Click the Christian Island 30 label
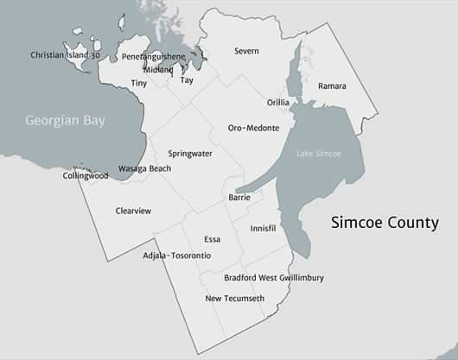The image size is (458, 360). [65, 55]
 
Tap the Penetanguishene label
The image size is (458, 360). [153, 56]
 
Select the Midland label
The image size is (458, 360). [158, 69]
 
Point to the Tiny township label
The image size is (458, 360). [139, 83]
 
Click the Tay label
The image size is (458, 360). [187, 80]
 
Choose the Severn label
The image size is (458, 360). [246, 51]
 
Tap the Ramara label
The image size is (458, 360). [332, 86]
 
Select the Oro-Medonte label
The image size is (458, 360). [253, 128]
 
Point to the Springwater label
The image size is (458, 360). [190, 153]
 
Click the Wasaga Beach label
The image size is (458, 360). [144, 168]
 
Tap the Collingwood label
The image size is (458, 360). [86, 175]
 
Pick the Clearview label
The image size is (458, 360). [133, 211]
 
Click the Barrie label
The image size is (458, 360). [239, 198]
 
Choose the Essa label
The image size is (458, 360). [213, 239]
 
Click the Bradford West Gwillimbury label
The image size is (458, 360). [274, 278]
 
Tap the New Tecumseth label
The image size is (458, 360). [234, 299]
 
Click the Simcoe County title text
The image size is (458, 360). [385, 223]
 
